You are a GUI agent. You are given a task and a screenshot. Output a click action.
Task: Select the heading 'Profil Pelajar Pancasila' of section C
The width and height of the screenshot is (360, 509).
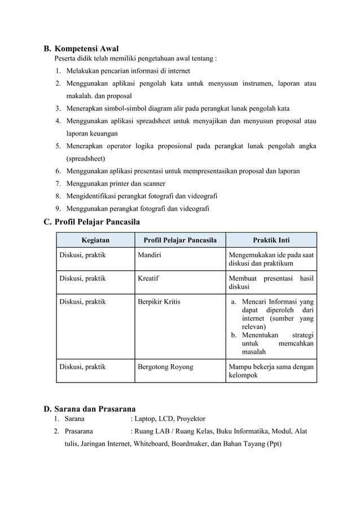97,222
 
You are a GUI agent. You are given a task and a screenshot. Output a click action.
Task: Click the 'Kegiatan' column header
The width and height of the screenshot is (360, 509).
95,240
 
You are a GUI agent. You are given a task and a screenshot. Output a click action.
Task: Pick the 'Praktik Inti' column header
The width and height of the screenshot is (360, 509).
271,240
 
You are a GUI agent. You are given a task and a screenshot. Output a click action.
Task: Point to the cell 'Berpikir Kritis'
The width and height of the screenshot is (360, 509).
159,301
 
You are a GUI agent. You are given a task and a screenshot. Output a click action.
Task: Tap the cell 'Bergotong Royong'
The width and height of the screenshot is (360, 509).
165,366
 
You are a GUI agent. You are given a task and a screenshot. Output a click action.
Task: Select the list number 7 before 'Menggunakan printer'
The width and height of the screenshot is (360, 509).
58,183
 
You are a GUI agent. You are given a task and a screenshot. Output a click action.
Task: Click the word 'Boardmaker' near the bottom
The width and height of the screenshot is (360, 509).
190,444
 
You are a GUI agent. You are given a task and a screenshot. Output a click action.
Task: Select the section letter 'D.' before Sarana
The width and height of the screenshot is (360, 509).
48,409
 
